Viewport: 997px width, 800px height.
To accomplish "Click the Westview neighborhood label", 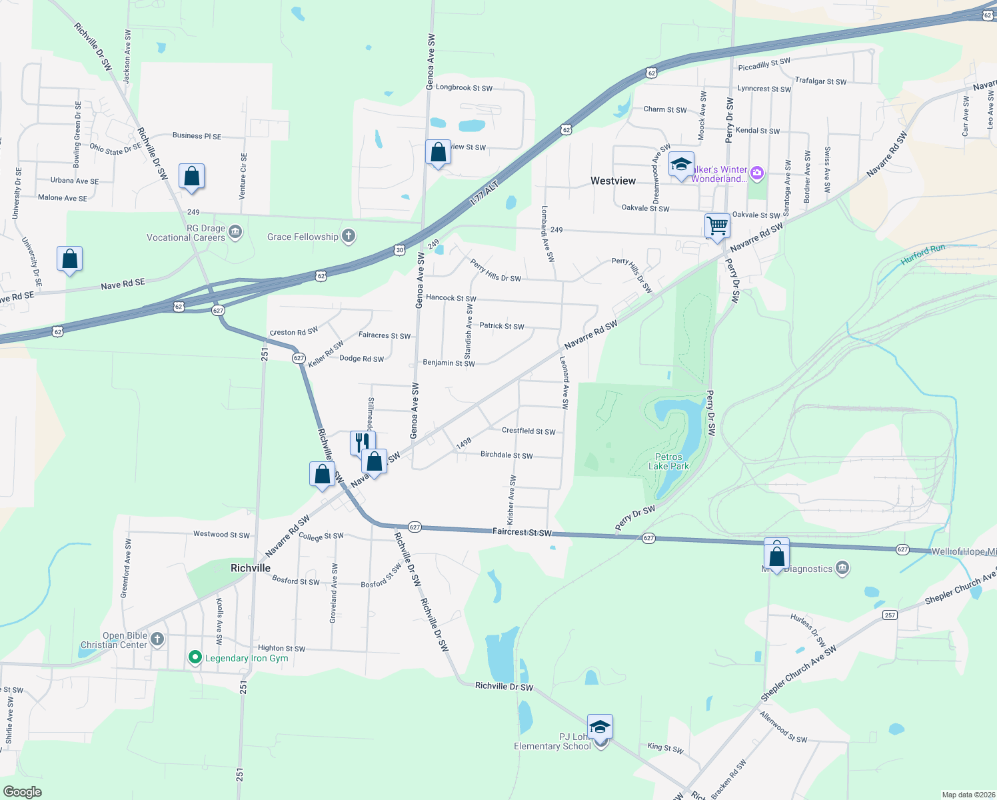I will coord(613,181).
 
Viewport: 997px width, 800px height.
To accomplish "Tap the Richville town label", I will coord(251,568).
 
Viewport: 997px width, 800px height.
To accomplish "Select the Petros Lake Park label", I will coord(668,461).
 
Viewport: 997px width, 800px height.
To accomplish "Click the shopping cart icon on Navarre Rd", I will coord(717,225).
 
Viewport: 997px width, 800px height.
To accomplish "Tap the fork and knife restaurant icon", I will coord(362,441).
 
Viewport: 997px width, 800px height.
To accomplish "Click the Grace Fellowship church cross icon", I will coord(348,236).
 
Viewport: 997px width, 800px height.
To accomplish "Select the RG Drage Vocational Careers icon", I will coord(235,232).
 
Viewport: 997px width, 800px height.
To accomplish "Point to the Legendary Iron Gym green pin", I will coord(195,658).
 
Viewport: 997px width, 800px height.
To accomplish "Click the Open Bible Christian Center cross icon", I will coord(157,639).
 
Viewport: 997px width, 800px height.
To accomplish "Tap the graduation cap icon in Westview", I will coord(681,164).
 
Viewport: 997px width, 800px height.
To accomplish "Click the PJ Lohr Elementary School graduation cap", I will coord(599,726).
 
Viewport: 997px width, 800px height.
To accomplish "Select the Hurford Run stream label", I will coord(923,254).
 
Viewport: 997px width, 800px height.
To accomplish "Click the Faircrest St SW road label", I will coord(522,532).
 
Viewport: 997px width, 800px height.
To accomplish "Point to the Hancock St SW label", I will coord(451,298).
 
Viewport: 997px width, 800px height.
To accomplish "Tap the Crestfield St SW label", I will coord(528,431).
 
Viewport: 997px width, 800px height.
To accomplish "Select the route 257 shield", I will coord(890,615).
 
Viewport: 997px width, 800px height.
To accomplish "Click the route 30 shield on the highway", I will coord(399,250).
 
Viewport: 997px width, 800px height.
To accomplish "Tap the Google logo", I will coord(23,792).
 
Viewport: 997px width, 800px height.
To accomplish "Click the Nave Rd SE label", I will coord(123,285).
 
